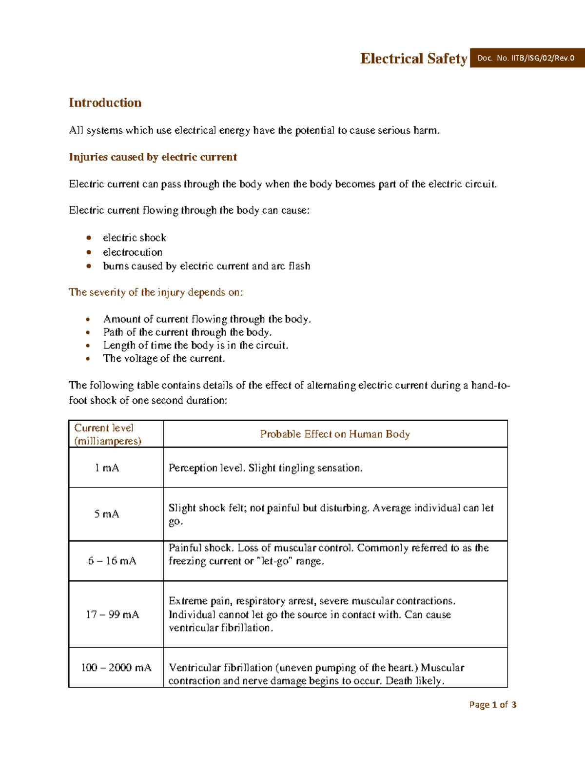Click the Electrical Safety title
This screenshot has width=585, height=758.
point(413,59)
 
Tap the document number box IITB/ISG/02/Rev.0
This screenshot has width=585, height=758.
point(526,58)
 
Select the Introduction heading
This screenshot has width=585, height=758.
point(105,102)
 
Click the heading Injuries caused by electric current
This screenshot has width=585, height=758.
point(153,157)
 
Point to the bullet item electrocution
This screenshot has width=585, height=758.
point(132,252)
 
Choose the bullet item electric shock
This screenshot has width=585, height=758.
point(134,238)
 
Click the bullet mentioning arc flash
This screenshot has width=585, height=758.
point(206,266)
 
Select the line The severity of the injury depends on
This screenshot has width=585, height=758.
point(156,292)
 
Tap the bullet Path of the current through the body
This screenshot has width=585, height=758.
point(187,332)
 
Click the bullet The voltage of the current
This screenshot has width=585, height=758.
point(164,359)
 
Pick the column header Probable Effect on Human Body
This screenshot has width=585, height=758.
point(334,434)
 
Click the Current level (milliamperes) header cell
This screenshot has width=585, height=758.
point(108,434)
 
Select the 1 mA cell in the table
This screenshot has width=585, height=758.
point(107,468)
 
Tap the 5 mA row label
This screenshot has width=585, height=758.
point(106,514)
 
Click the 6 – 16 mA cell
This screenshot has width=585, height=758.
point(112,561)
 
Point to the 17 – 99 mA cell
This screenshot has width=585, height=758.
point(113,615)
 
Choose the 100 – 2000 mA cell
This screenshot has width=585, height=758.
point(116,667)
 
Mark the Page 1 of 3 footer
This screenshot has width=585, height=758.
point(492,704)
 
